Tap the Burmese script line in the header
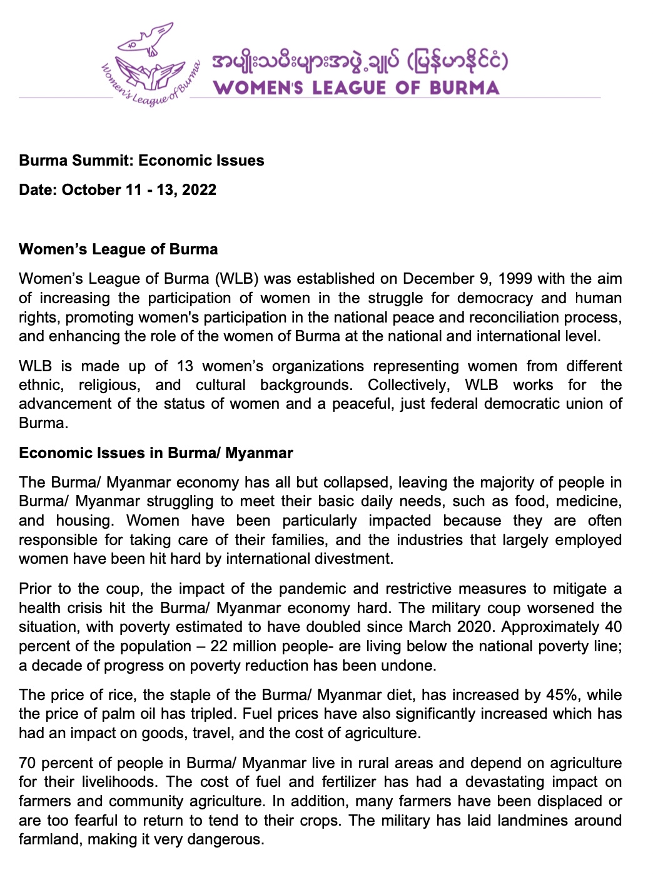tap(360, 62)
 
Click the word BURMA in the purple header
tap(464, 87)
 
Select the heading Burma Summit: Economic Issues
tap(141, 161)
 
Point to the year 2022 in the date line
tap(199, 190)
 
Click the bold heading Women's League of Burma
tap(118, 249)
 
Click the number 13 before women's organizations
tap(185, 366)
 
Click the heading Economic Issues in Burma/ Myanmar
tap(156, 453)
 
